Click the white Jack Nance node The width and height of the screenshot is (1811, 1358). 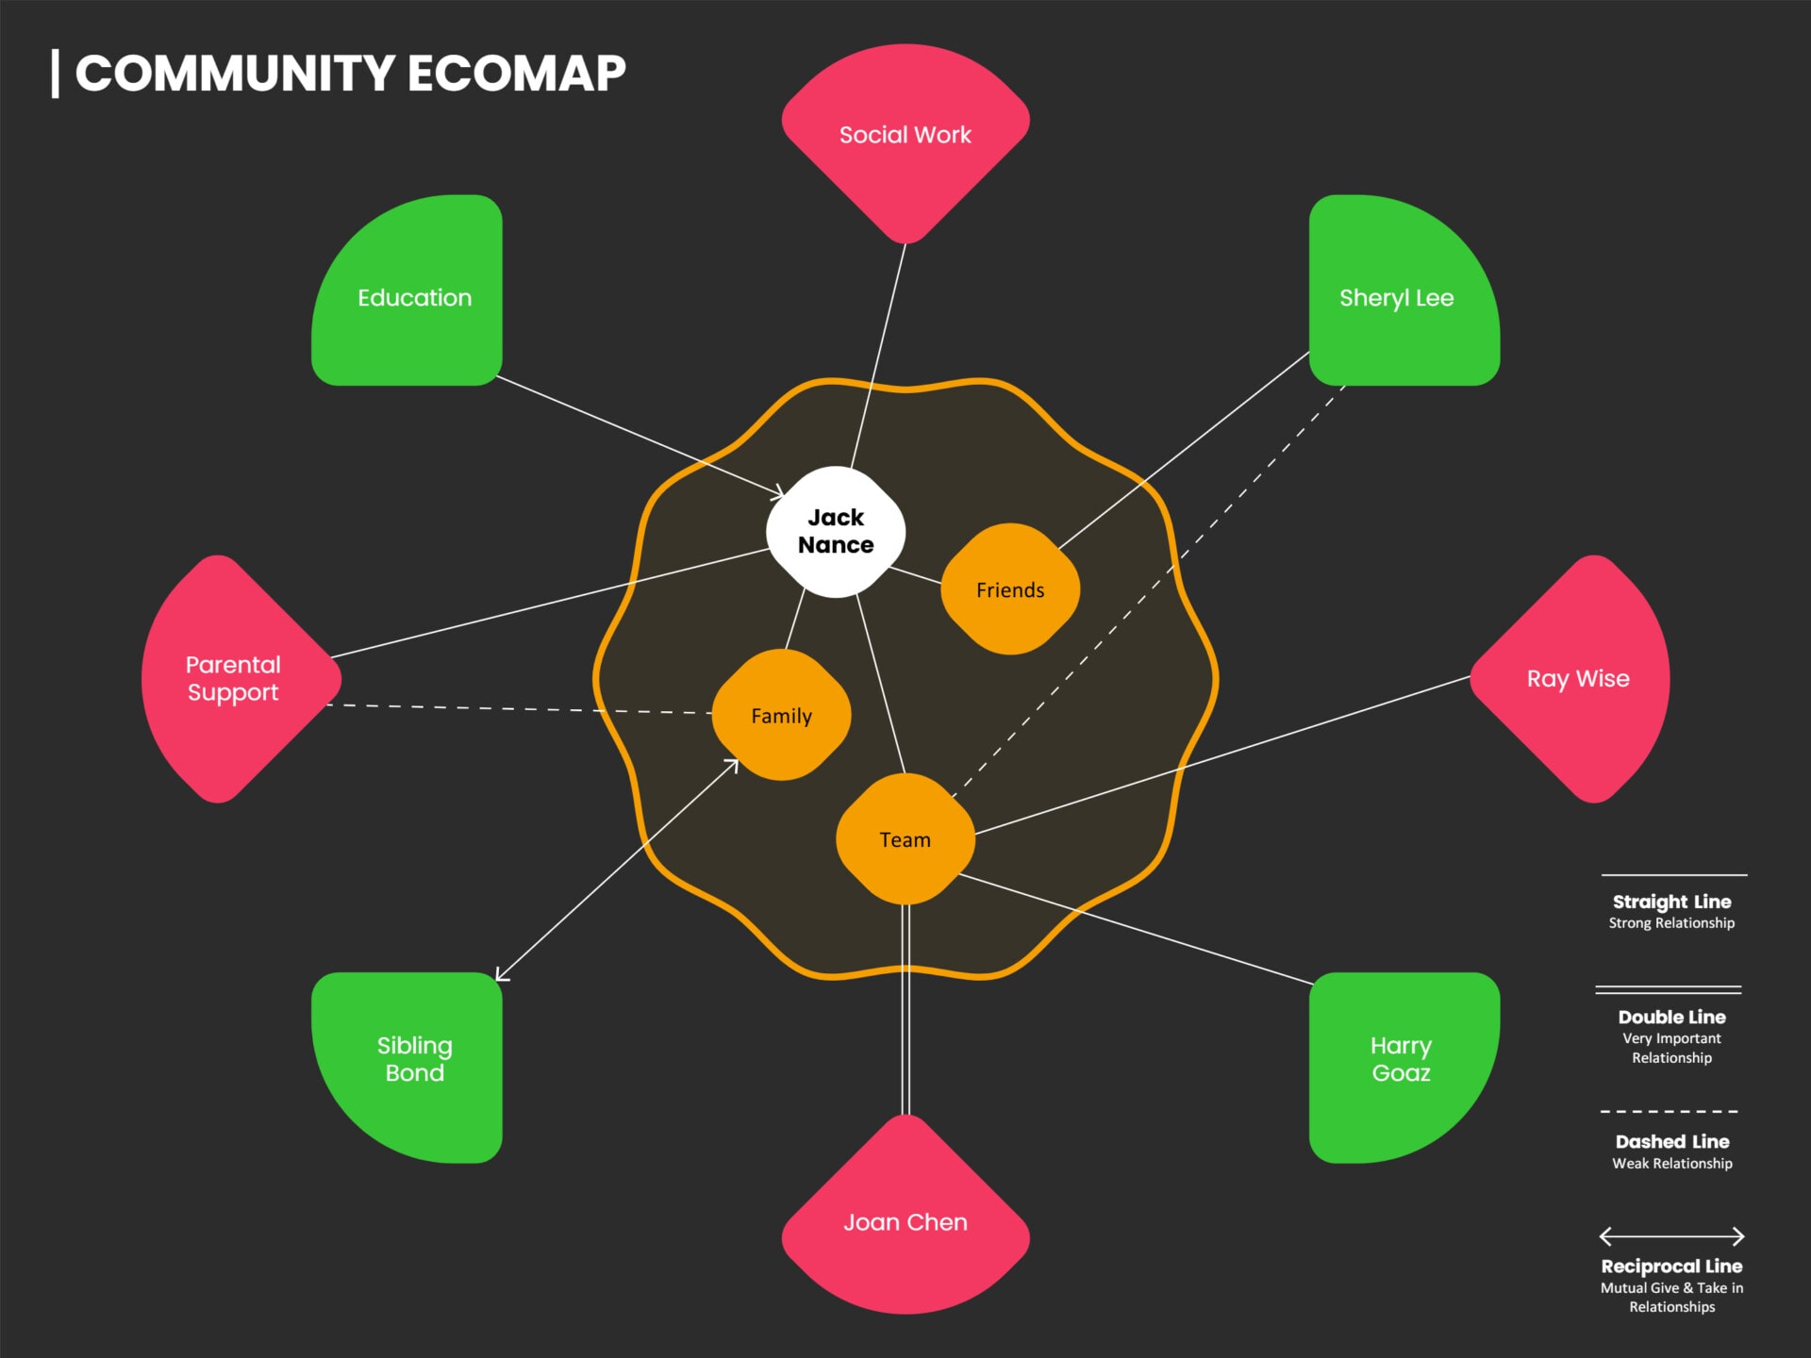click(836, 532)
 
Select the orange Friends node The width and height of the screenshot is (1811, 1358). click(1010, 589)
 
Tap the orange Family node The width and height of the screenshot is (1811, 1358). click(781, 715)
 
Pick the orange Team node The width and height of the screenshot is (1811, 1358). click(905, 839)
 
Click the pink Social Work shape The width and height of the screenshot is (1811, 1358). click(905, 135)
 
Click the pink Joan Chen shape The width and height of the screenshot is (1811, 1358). click(905, 1221)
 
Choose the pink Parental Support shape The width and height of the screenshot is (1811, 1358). click(234, 678)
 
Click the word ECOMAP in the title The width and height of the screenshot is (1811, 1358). click(516, 74)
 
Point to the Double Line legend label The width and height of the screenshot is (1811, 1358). click(1671, 1017)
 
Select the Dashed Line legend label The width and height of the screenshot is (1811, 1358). click(1671, 1141)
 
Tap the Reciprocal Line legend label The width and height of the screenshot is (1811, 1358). click(1671, 1266)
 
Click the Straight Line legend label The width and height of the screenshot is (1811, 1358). click(1671, 902)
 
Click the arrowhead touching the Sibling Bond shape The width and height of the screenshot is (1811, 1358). click(500, 976)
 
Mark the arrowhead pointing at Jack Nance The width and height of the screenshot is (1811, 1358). click(778, 493)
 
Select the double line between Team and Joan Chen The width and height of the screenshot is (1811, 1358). click(905, 1009)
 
